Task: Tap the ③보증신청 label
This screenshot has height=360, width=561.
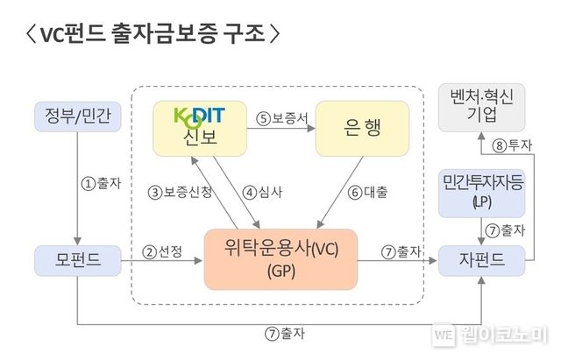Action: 180,192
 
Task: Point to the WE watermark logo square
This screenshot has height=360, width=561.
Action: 444,334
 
